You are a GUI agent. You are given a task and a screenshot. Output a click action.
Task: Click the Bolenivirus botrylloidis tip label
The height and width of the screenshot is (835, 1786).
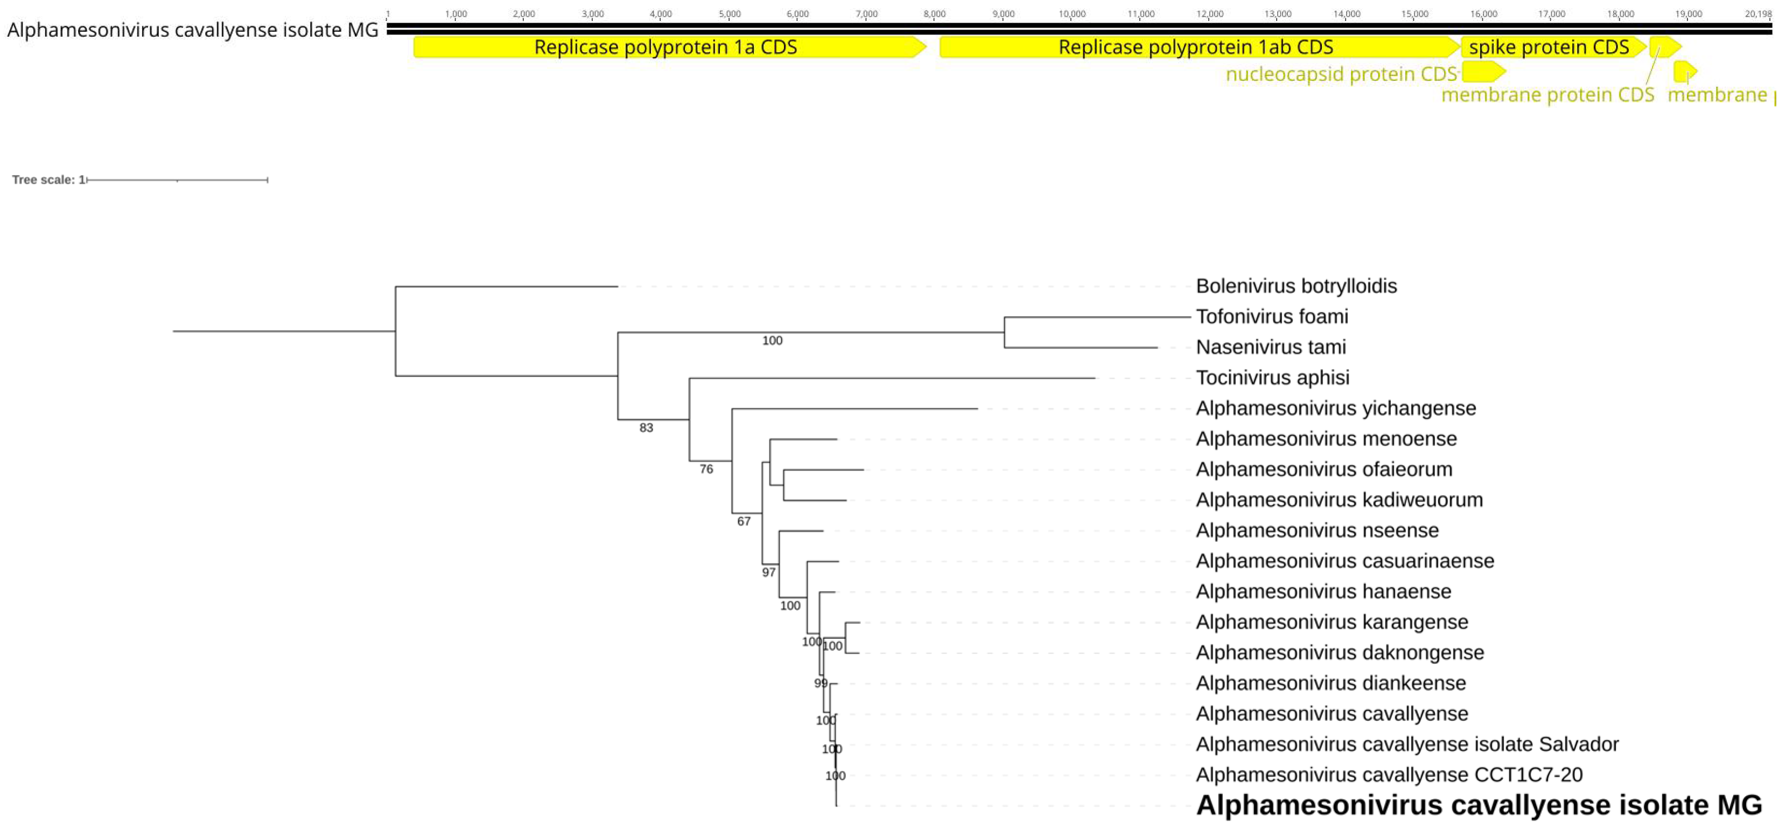(1296, 287)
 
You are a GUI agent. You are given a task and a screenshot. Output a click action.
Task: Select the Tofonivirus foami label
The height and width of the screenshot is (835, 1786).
(1272, 317)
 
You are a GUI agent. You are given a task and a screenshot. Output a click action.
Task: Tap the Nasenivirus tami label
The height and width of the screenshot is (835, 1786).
(1270, 347)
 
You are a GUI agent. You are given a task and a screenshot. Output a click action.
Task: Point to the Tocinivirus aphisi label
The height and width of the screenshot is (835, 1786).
(1272, 378)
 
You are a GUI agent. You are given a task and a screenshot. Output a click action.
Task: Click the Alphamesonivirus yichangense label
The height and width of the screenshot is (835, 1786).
(1335, 408)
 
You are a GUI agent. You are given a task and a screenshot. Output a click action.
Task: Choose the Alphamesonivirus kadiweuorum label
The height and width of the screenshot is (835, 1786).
(1339, 500)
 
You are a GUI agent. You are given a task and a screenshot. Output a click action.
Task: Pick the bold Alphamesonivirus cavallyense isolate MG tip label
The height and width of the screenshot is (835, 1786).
(1478, 806)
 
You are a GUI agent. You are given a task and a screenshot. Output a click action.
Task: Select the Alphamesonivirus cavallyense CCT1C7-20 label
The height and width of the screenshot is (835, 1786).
(1389, 775)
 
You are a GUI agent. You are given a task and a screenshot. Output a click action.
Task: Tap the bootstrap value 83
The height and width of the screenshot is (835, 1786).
(646, 428)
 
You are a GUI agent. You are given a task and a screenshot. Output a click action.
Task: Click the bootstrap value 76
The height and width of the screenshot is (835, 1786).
(706, 470)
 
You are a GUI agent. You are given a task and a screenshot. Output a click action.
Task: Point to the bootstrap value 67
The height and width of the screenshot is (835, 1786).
(743, 521)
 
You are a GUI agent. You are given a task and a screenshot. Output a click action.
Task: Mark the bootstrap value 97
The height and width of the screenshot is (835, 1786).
(768, 573)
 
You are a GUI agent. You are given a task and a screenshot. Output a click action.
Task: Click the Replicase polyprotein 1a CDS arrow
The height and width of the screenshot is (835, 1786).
(666, 47)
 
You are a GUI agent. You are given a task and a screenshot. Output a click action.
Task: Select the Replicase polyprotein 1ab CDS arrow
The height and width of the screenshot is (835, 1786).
(1195, 47)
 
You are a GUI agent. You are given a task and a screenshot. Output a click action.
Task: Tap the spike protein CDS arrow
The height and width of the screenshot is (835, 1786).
(1549, 47)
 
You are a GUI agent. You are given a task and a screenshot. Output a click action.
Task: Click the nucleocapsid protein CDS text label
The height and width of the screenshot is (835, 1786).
(1341, 74)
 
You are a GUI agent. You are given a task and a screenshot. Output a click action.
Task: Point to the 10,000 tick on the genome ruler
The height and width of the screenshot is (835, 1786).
(1072, 14)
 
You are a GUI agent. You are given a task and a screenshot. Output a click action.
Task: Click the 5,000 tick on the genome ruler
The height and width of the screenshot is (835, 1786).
(730, 14)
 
